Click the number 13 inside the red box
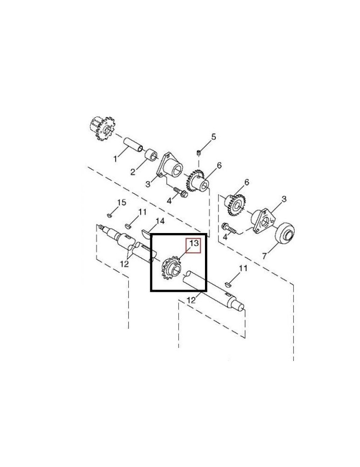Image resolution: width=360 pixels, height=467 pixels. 194,243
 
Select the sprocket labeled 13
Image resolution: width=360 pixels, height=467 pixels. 171,267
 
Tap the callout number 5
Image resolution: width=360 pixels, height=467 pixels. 213,137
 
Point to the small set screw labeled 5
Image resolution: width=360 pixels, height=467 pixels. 199,153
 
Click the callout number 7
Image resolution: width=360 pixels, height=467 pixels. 264,255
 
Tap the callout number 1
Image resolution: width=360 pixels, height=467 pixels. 115,159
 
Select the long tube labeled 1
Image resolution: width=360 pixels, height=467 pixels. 133,144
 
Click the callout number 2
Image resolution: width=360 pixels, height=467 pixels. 133,172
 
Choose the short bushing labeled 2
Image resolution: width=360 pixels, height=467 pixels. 151,154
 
